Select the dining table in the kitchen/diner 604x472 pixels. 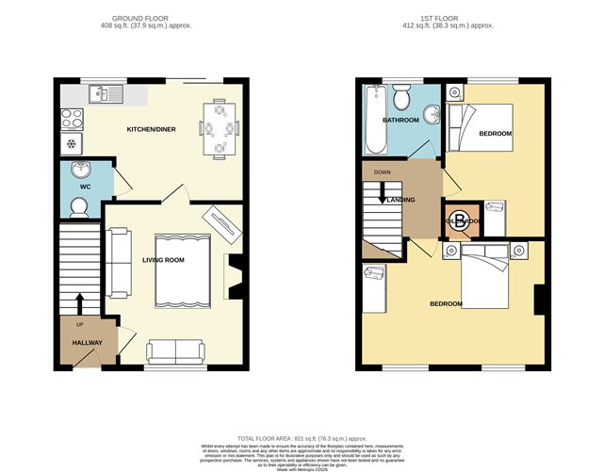point(220,125)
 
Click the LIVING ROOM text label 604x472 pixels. point(163,260)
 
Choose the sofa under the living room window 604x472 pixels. point(175,351)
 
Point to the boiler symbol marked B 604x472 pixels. point(459,222)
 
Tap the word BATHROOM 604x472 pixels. point(400,122)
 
